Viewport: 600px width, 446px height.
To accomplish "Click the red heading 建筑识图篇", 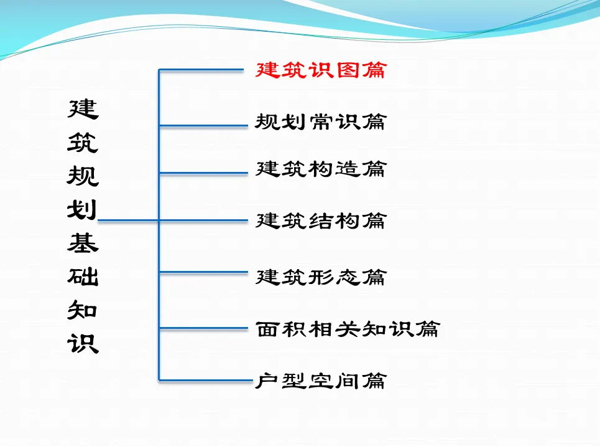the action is click(x=321, y=70).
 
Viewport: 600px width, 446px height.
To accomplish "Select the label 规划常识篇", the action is click(x=321, y=122).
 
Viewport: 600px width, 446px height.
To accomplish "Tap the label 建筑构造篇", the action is click(x=321, y=169).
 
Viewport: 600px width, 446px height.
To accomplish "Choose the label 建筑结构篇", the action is click(x=321, y=221).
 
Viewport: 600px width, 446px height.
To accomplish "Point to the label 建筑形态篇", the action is click(x=321, y=277).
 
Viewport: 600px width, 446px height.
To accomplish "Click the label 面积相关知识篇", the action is click(x=348, y=329).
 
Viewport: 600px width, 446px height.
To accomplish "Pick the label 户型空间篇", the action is click(x=321, y=381).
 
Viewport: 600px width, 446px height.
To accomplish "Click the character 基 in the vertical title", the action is click(x=83, y=243).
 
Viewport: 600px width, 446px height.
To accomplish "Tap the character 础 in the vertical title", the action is click(x=83, y=277).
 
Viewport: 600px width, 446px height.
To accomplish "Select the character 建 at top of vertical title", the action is click(x=83, y=109).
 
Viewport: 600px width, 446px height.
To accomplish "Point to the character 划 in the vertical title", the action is click(x=82, y=210).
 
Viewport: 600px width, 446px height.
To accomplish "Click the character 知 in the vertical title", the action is click(x=82, y=310).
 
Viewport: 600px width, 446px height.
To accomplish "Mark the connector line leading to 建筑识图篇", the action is click(x=201, y=70).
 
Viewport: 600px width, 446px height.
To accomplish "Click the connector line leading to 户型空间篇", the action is click(x=206, y=381).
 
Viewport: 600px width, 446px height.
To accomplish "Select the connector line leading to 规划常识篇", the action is click(x=203, y=125).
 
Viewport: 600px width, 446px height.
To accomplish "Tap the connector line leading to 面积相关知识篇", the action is click(x=203, y=328).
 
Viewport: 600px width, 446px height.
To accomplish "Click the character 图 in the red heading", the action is click(x=348, y=70).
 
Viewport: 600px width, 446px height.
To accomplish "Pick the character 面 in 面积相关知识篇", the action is click(x=267, y=329).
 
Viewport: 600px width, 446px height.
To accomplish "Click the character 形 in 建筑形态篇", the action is click(x=321, y=277).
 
